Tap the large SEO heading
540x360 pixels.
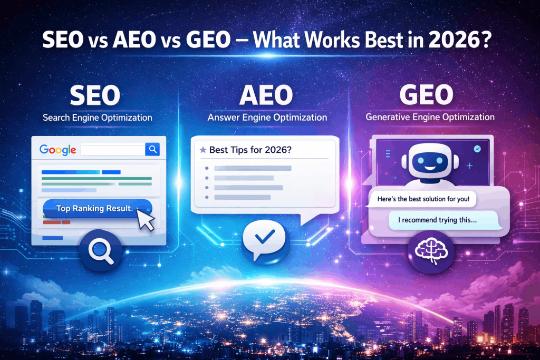(x=95, y=95)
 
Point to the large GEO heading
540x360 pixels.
(x=426, y=95)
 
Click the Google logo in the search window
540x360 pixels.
(x=57, y=150)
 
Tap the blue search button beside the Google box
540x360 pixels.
(x=152, y=150)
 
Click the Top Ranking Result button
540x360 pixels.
(x=95, y=208)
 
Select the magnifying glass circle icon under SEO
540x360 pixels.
(x=101, y=249)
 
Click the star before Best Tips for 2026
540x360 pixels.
(x=202, y=150)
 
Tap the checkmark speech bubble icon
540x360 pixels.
(x=262, y=240)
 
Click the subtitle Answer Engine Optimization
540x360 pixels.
(x=267, y=117)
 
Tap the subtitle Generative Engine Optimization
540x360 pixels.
(x=430, y=117)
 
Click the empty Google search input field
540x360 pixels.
(x=113, y=150)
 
